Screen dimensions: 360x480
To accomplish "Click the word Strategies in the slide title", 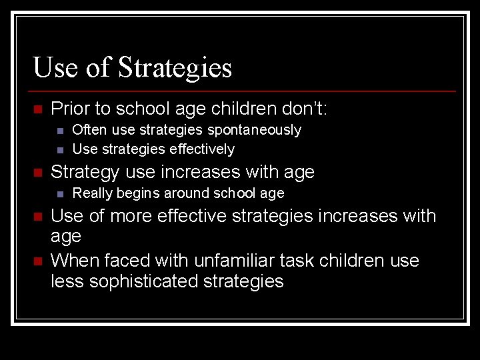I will [175, 68].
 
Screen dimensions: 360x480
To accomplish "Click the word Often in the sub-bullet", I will [89, 130].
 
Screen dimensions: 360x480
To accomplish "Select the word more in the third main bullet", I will [132, 216].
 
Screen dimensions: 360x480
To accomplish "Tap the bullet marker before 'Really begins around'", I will [60, 194].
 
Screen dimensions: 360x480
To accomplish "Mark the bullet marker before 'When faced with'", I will [37, 261].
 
